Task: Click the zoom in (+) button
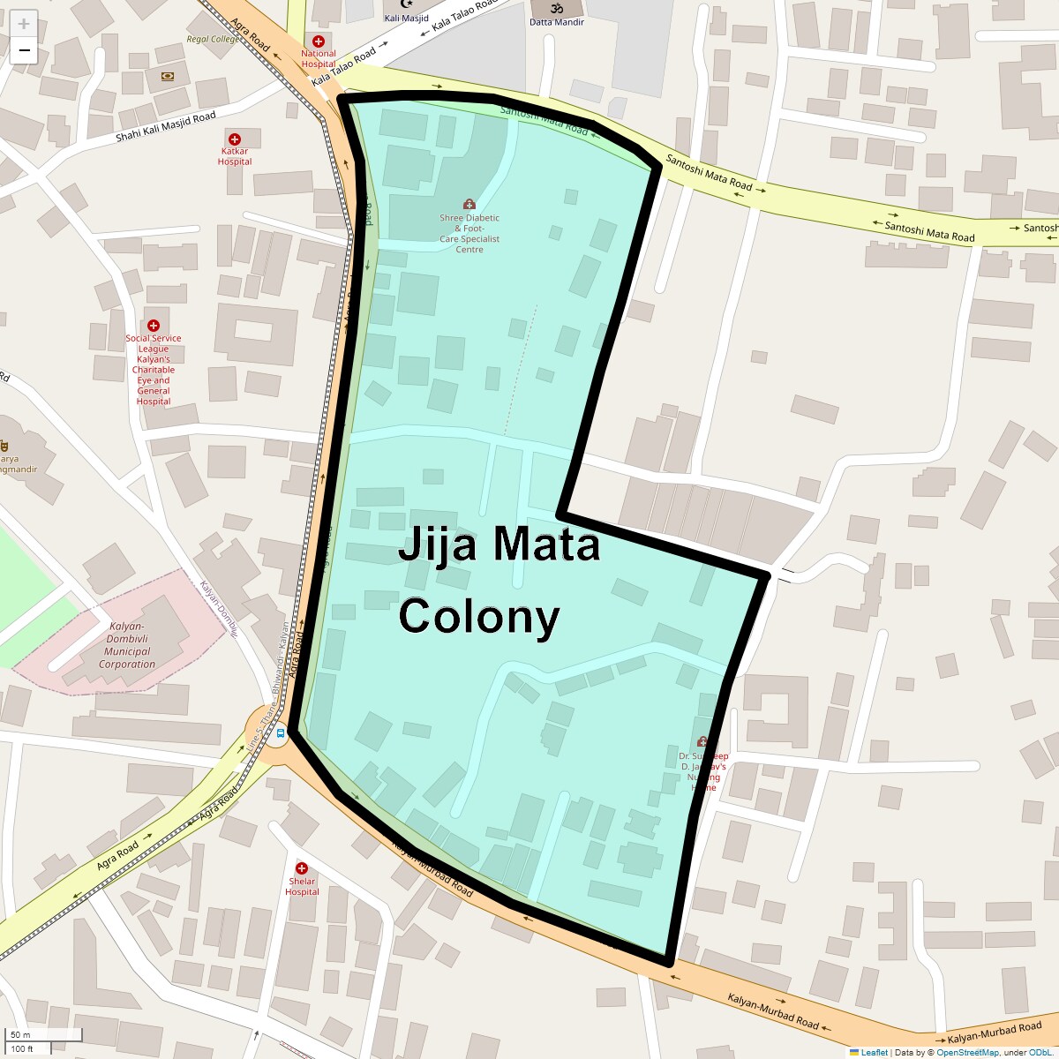24,24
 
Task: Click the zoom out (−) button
24,50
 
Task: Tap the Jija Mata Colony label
499,581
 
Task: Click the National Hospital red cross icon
319,41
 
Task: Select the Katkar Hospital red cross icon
235,139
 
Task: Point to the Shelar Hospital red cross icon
301,868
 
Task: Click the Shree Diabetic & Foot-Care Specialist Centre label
469,233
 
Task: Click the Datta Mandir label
557,22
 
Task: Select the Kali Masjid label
406,19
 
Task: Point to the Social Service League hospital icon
154,326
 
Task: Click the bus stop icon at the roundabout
281,732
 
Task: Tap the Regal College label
213,40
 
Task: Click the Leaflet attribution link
874,1052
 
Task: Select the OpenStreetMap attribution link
967,1052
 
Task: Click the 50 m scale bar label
20,1035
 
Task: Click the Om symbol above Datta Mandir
557,8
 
